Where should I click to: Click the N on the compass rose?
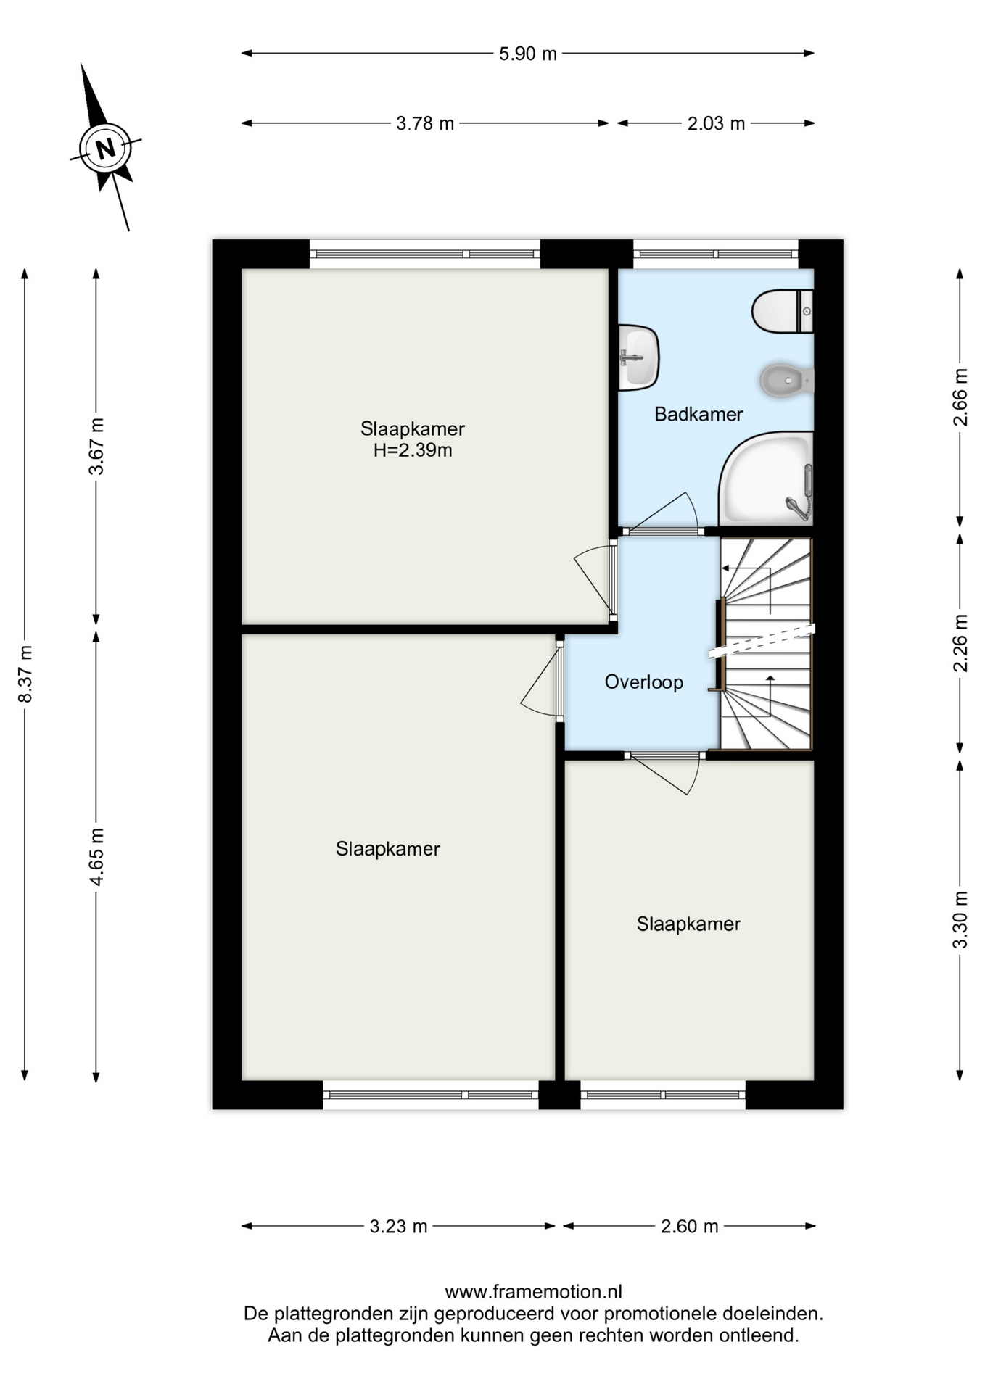point(106,149)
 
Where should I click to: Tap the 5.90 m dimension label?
point(527,54)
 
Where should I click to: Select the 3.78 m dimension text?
point(425,124)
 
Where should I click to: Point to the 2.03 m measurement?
point(716,124)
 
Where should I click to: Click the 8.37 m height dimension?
point(25,674)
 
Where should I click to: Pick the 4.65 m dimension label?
point(96,856)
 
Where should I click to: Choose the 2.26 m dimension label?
point(960,643)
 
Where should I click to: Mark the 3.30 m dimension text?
point(960,920)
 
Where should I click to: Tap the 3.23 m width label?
point(398,1227)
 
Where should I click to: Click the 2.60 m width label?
point(689,1227)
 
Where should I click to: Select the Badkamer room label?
point(698,415)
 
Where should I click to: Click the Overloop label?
point(644,682)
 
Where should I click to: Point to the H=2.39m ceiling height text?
point(413,451)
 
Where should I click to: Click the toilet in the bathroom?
point(783,312)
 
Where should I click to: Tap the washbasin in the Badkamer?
point(638,357)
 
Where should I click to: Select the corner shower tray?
point(766,478)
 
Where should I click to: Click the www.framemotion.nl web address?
point(533,1292)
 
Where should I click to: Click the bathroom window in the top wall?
point(716,254)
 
